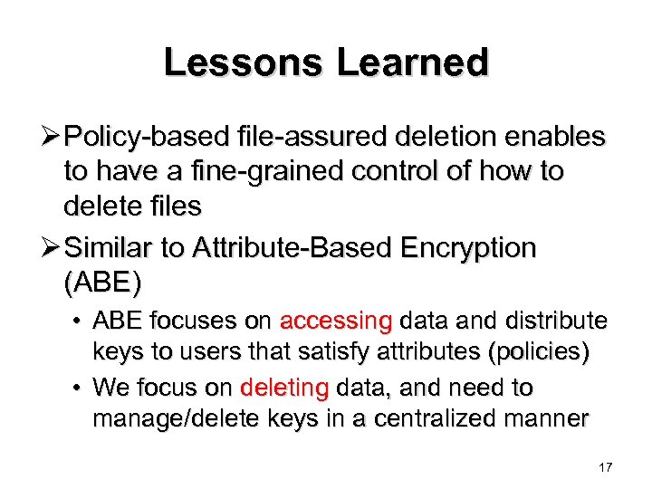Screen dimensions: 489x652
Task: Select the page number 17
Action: (606, 467)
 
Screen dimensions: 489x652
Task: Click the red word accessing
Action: (335, 321)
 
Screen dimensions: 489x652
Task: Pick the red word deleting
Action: (284, 388)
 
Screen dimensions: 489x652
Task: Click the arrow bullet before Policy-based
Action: (53, 137)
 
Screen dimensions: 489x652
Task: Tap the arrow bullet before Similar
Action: (53, 247)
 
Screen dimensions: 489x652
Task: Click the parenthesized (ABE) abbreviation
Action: (102, 283)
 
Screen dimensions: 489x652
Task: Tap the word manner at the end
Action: (554, 420)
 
